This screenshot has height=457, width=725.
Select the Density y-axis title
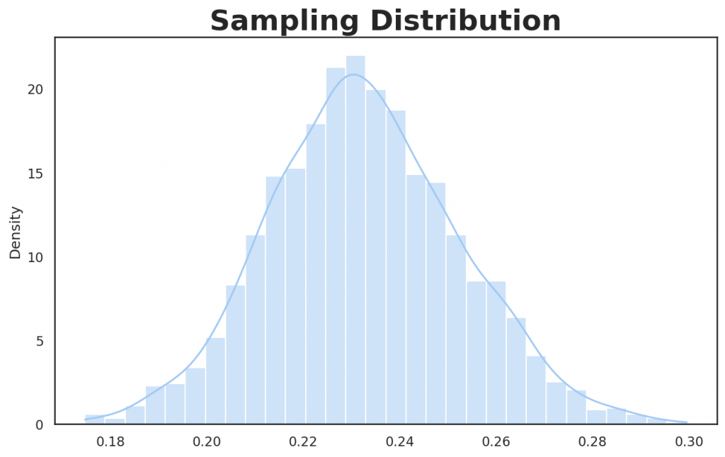16,232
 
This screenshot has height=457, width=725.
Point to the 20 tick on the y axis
36,89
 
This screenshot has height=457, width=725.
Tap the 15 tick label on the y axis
36,174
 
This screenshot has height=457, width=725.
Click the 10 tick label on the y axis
36,257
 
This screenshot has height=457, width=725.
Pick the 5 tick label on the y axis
40,341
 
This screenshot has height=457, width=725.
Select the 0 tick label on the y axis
40,424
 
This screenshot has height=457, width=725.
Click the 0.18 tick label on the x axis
110,442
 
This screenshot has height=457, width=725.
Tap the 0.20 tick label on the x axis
207,442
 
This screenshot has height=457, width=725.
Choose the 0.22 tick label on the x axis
304,442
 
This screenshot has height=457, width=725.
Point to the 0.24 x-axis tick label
400,442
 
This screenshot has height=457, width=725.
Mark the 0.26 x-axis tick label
496,442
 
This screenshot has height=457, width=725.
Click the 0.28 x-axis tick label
593,442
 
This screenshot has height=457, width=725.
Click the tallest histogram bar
355,241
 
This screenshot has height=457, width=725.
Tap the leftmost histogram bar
94,419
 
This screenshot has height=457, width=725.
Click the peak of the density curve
355,74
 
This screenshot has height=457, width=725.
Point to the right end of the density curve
687,422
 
